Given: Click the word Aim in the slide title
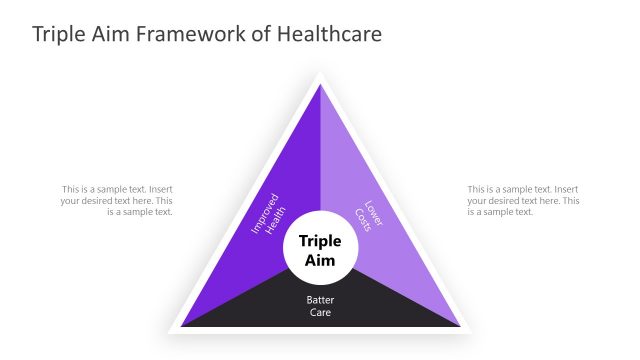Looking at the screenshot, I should click(x=109, y=34).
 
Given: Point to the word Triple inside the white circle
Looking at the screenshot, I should click(x=320, y=241).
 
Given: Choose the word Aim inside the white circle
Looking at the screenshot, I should click(x=320, y=261).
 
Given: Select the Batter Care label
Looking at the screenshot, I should click(x=320, y=305).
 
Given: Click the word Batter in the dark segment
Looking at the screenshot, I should click(x=320, y=298).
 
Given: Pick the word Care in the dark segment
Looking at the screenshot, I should click(x=320, y=312).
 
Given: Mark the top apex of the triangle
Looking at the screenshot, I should click(x=320, y=86).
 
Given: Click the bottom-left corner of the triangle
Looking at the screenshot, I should click(x=183, y=326).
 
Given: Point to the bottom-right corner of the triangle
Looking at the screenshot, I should click(x=459, y=326).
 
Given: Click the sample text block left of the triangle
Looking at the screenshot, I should click(x=116, y=200).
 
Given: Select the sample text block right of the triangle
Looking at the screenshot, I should click(x=523, y=200).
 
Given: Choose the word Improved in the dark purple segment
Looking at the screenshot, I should click(x=263, y=210).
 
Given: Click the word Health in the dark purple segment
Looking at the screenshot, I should click(x=275, y=217).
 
